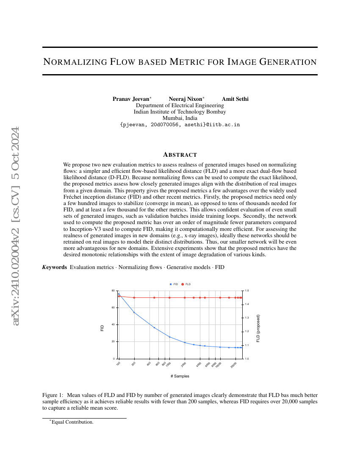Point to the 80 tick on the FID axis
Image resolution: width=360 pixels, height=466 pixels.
pyautogui.click(x=113, y=291)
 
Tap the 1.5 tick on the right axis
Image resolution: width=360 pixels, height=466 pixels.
pyautogui.click(x=247, y=291)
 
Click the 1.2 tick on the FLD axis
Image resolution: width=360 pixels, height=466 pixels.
pyautogui.click(x=247, y=332)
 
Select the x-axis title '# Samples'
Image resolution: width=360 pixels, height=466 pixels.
pyautogui.click(x=180, y=376)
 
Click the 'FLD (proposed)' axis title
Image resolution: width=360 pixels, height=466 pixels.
pyautogui.click(x=258, y=328)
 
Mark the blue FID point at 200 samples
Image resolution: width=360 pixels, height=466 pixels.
pyautogui.click(x=134, y=313)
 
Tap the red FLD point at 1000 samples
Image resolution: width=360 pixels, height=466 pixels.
pyautogui.click(x=169, y=297)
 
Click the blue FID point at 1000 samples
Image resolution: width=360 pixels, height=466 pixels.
pyautogui.click(x=169, y=337)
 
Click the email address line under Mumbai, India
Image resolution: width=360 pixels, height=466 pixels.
pyautogui.click(x=180, y=125)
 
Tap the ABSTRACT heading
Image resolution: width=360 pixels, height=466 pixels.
pyautogui.click(x=180, y=155)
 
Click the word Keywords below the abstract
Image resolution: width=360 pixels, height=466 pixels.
pyautogui.click(x=55, y=267)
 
